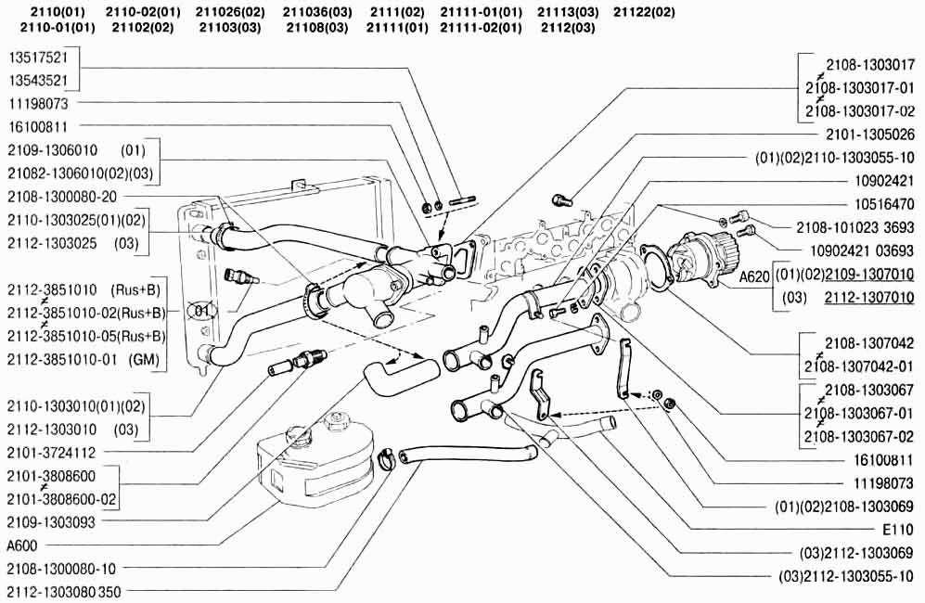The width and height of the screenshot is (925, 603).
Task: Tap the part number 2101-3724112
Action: coord(53,453)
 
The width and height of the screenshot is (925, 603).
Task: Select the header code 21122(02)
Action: coord(644,12)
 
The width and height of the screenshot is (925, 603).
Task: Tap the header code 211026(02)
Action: coord(230,12)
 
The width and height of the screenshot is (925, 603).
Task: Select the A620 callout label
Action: coord(754,275)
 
